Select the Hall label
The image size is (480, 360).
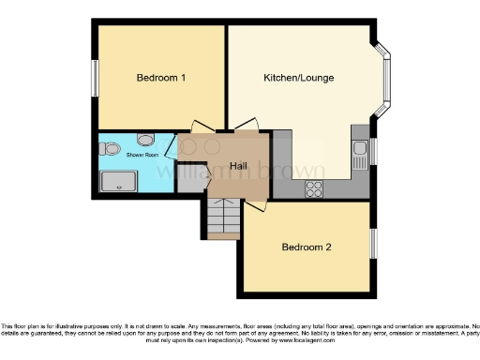point(239,166)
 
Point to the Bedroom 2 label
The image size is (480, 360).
point(307,247)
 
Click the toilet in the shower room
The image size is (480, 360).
point(110,147)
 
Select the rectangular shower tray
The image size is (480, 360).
point(118,182)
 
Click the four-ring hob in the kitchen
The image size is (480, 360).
point(313,187)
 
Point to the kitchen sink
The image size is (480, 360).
point(359,150)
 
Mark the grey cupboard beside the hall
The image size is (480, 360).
point(190,180)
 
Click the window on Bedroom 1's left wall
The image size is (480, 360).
point(95,77)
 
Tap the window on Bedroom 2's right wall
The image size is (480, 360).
point(372,242)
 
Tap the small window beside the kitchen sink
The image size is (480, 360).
point(372,150)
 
